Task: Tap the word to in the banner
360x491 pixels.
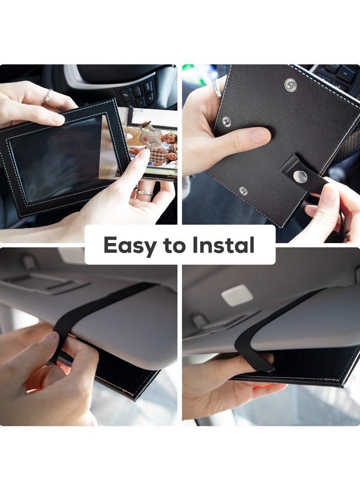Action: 176,245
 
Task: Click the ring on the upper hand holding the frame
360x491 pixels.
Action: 48,97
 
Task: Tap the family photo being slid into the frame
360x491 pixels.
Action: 151,144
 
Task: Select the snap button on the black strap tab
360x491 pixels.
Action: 300,176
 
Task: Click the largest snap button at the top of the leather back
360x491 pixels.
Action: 290,85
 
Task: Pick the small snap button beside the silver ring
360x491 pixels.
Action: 226,121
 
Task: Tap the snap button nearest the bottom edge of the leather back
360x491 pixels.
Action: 243,191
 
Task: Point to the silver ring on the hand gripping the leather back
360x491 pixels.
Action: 218,88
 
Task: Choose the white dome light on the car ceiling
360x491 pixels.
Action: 237,295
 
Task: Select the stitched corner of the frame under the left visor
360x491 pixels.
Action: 135,396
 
